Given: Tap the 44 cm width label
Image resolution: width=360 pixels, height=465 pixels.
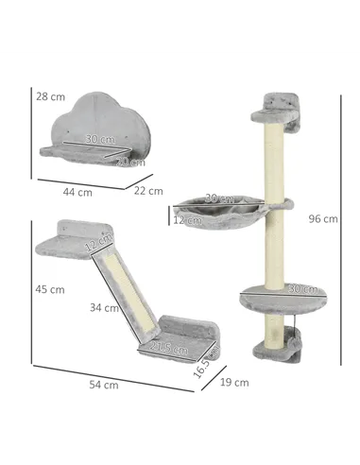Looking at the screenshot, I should (77, 191).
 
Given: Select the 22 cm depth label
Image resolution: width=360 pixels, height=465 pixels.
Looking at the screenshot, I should (149, 190).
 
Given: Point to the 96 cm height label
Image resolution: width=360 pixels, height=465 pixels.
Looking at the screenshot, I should (322, 218).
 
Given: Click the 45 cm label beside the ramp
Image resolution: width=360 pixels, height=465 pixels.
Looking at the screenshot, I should (50, 288).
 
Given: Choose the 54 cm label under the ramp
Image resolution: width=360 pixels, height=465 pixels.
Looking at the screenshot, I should (104, 384).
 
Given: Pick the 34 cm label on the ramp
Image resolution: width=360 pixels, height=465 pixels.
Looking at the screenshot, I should (103, 307).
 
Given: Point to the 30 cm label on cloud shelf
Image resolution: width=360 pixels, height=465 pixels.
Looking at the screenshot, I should (96, 138).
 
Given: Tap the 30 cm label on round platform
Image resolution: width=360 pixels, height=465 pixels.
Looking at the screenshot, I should (301, 288).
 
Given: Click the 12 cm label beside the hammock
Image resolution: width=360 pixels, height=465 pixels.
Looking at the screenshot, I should (186, 220).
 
